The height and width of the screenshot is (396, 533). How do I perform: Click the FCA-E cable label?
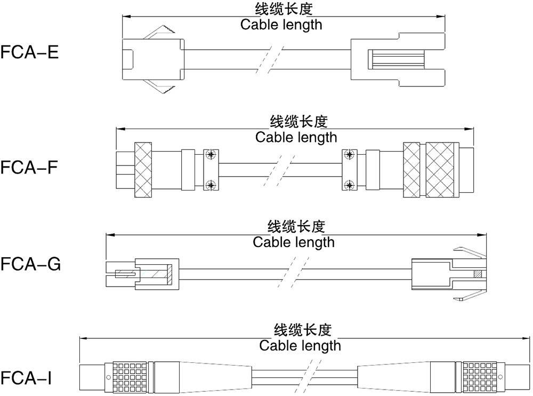coord(30,53)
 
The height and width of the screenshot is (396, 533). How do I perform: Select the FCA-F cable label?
coord(30,168)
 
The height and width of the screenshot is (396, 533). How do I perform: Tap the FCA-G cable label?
coord(31,264)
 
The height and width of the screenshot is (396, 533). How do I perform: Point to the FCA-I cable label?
coord(27,378)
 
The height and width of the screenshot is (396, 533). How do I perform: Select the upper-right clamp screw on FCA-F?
coord(350,155)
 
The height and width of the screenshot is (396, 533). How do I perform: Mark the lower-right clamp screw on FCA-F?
coord(350,186)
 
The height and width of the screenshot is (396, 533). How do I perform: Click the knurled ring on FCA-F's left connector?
coord(143,170)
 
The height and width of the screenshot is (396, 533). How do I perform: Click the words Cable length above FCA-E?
coord(281,25)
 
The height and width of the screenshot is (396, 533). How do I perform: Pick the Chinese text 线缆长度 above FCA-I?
coord(299,329)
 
